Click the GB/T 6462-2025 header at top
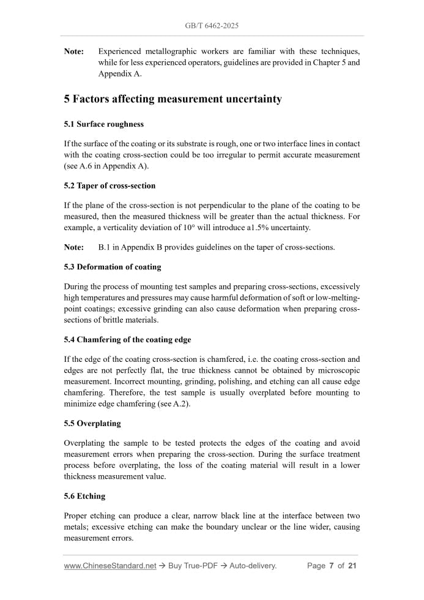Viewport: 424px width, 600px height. pos(212,26)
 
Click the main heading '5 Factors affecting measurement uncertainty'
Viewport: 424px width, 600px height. pos(173,99)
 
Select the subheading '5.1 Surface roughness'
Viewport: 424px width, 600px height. pos(104,124)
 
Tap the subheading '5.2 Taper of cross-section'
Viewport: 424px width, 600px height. pos(110,186)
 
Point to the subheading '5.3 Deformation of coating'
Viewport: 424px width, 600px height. pos(113,267)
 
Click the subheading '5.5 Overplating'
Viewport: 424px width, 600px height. pos(92,423)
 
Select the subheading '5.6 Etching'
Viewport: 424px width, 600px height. pos(84,497)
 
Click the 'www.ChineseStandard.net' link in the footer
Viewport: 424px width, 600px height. pos(110,566)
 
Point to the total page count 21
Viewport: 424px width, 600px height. pos(352,566)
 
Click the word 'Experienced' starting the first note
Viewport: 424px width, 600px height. pos(119,51)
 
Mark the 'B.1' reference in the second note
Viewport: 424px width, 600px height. pos(105,247)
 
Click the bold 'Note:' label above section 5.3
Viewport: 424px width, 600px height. pos(74,247)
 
